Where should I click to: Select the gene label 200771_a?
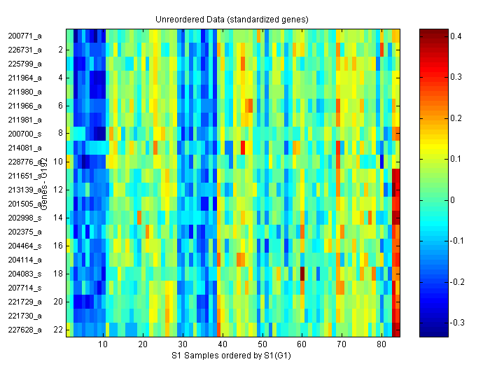[x=24, y=35]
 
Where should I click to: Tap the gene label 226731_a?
[x=24, y=49]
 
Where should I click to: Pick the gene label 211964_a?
[x=24, y=77]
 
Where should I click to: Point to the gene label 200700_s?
[x=24, y=133]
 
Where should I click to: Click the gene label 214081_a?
[x=24, y=147]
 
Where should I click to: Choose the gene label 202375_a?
[x=24, y=231]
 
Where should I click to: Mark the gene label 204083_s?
[x=24, y=273]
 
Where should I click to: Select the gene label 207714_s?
[x=24, y=287]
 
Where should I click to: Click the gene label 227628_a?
[x=24, y=329]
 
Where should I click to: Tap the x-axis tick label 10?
[x=103, y=345]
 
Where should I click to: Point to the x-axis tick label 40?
[x=222, y=345]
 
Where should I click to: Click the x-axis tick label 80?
[x=381, y=345]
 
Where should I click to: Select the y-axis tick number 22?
[x=59, y=329]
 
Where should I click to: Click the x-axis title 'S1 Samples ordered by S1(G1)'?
[x=232, y=356]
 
